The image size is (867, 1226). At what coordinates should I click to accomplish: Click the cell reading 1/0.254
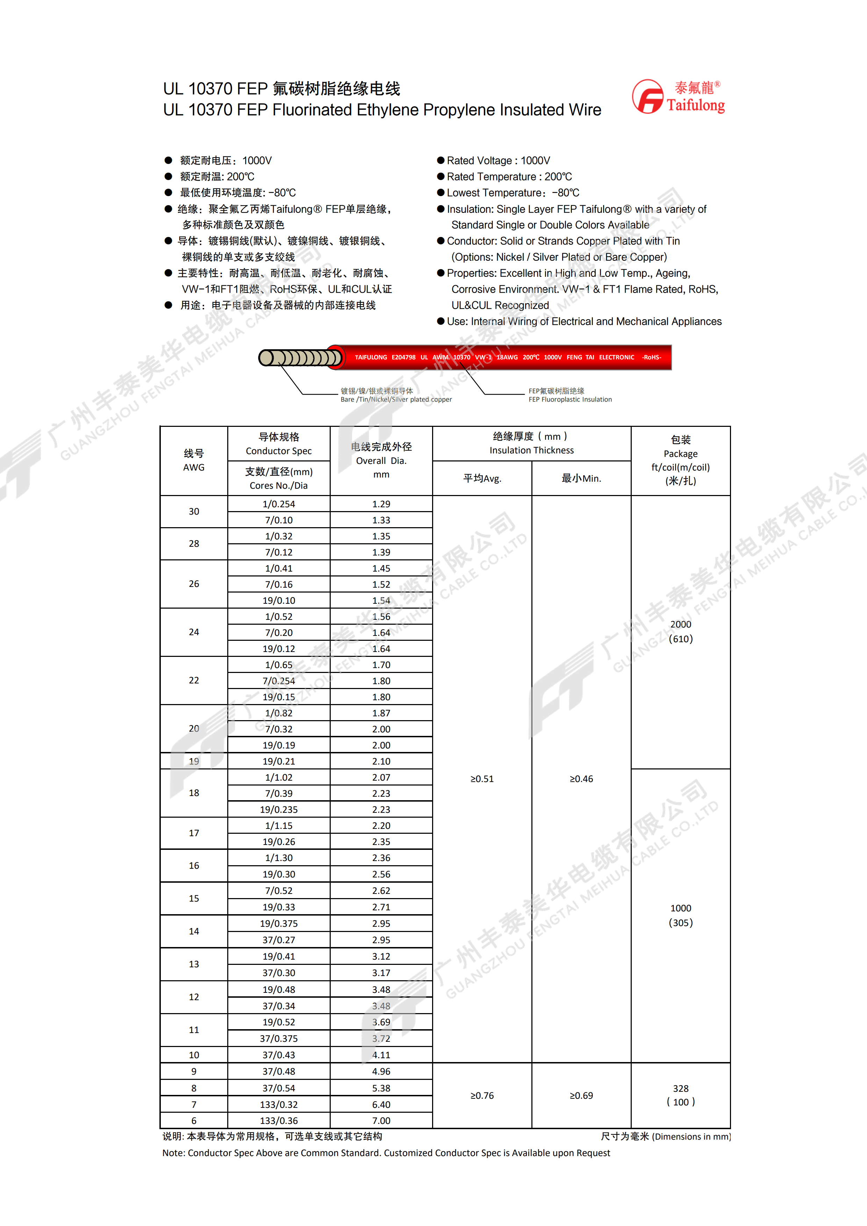(x=279, y=504)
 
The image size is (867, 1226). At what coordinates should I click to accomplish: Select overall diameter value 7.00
(x=381, y=1120)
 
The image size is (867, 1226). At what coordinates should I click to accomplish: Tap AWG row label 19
(x=194, y=761)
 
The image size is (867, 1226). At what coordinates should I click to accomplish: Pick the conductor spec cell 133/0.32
(x=279, y=1104)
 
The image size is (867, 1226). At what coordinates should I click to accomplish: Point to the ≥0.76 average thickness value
(x=481, y=1096)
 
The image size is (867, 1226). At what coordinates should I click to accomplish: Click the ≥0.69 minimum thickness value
(x=581, y=1096)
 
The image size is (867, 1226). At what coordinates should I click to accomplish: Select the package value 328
(x=681, y=1088)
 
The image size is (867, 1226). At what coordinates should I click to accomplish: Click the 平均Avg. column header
(x=481, y=479)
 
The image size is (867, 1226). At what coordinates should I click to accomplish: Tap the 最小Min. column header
(x=581, y=479)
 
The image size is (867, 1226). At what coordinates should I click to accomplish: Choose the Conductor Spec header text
(x=279, y=451)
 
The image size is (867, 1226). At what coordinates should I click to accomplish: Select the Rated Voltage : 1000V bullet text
(x=498, y=161)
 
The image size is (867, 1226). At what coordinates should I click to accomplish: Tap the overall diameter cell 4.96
(x=381, y=1071)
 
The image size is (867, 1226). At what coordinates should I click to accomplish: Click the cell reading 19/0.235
(x=279, y=810)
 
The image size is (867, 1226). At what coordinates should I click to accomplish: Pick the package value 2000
(x=681, y=624)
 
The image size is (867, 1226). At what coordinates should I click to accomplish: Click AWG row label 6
(x=194, y=1120)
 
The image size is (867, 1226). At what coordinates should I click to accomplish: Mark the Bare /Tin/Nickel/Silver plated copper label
(x=396, y=400)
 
